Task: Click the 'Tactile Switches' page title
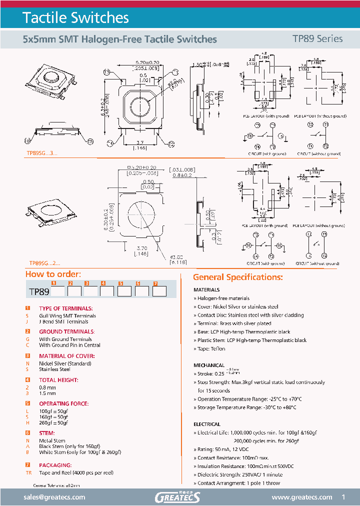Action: (76, 18)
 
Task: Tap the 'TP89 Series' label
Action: (317, 39)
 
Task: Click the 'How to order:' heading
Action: (52, 274)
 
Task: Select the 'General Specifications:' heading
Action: (238, 277)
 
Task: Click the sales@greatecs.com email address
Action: (54, 497)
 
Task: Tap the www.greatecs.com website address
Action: (301, 497)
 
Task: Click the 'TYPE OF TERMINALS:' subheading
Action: (65, 308)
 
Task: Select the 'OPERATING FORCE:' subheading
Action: (64, 403)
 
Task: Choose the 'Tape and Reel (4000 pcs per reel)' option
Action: (76, 472)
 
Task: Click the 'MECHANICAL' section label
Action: (209, 365)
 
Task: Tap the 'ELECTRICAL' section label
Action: (207, 424)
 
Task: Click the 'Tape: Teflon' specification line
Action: (211, 349)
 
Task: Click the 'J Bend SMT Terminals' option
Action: (63, 321)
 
